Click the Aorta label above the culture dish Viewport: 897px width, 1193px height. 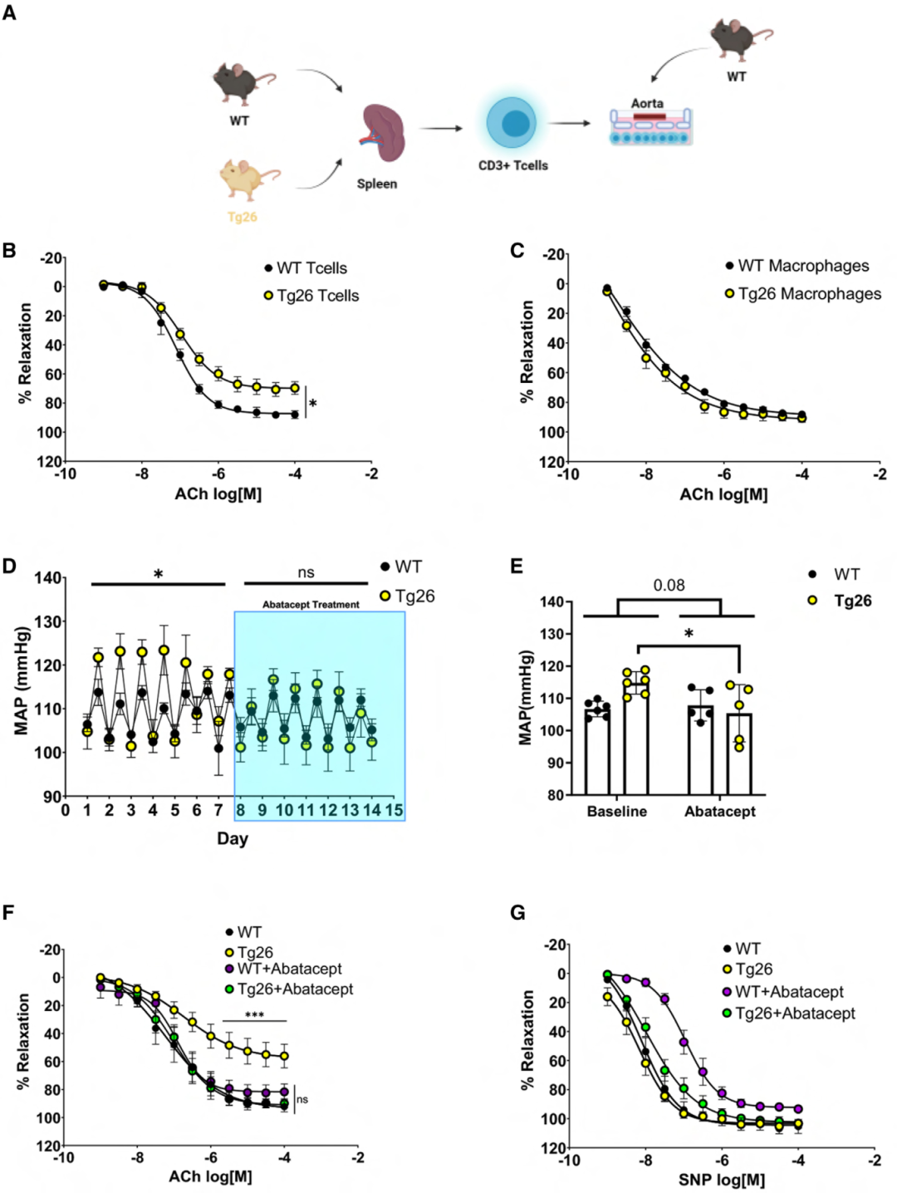coord(647,103)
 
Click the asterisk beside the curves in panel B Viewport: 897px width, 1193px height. coord(313,405)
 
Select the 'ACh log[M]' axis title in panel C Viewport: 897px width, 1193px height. coord(723,494)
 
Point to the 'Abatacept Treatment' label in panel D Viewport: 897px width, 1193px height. coord(311,605)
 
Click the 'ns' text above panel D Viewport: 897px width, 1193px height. coord(306,572)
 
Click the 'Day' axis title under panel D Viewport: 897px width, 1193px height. coord(233,838)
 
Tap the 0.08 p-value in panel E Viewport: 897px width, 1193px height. coord(669,585)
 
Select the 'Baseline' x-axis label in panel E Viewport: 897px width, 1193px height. coord(616,812)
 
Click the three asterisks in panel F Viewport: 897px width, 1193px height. coord(254,1015)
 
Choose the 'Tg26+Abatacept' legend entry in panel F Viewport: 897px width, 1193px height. coord(295,989)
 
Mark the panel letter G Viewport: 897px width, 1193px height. coord(517,914)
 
